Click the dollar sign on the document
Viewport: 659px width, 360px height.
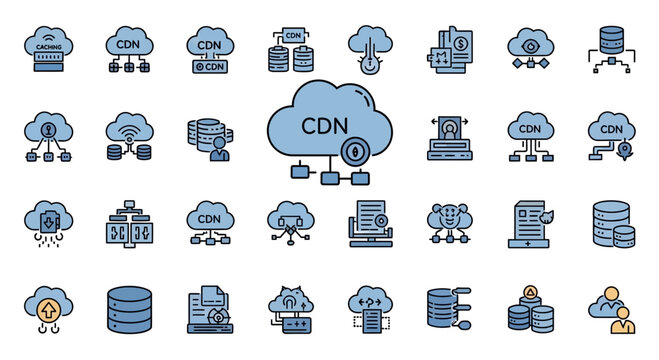(x=457, y=44)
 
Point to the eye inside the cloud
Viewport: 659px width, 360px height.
(x=528, y=45)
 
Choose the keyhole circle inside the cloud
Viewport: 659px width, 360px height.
(x=46, y=129)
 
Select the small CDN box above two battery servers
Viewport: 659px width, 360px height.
(x=292, y=35)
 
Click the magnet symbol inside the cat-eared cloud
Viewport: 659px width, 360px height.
(x=290, y=298)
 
